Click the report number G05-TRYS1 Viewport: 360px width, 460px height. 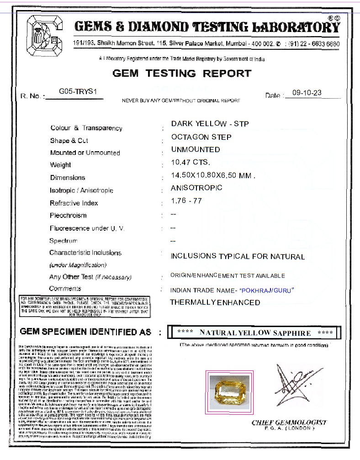pyautogui.click(x=78, y=91)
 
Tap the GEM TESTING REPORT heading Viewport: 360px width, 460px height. pyautogui.click(x=182, y=73)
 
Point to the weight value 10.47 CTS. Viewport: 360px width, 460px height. pyautogui.click(x=191, y=162)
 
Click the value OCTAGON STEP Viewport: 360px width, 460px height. pyautogui.click(x=201, y=137)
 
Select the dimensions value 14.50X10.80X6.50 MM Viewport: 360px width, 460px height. pyautogui.click(x=212, y=175)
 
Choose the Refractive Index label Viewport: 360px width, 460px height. pyautogui.click(x=74, y=203)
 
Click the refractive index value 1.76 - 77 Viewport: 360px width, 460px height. pyautogui.click(x=186, y=201)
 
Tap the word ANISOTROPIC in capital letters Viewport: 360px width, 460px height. pyautogui.click(x=196, y=188)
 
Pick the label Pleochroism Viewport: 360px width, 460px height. pyautogui.click(x=68, y=215)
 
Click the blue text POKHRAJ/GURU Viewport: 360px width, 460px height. pyautogui.click(x=267, y=290)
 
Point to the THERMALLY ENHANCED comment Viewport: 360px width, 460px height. pyautogui.click(x=215, y=302)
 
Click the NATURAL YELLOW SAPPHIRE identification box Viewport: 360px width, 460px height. pyautogui.click(x=254, y=333)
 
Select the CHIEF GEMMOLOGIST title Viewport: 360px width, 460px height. pyautogui.click(x=289, y=422)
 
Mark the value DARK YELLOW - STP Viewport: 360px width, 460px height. pyautogui.click(x=210, y=124)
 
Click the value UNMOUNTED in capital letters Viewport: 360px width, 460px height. pyautogui.click(x=195, y=149)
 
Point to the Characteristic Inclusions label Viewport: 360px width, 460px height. pyautogui.click(x=85, y=253)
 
